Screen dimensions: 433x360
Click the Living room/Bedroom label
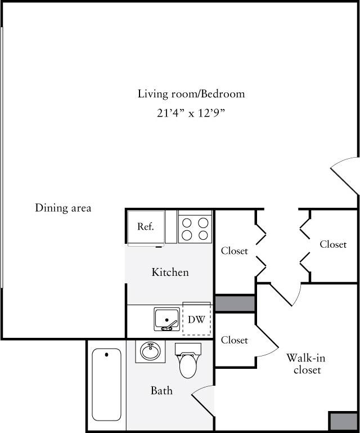[191, 93]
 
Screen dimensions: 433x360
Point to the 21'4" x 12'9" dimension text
[191, 113]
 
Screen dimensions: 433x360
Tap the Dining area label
[63, 208]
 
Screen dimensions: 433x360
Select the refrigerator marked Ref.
[146, 227]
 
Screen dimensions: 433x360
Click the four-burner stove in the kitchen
[195, 228]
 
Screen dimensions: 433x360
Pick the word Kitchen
[170, 273]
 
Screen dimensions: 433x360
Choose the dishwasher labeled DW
[196, 319]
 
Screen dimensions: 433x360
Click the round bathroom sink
[150, 352]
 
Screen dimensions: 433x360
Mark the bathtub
[106, 384]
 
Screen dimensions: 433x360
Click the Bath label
[161, 390]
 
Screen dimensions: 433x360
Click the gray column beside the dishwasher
[235, 303]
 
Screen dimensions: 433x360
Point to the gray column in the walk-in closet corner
[343, 422]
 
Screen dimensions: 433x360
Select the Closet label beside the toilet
[235, 340]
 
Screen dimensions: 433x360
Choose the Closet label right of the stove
[235, 251]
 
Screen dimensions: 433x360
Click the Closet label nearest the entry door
[333, 244]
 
